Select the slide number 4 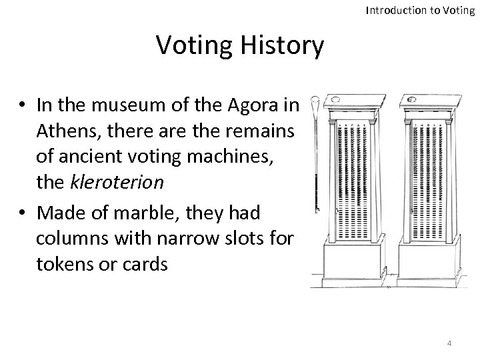tap(449, 343)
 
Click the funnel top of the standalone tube tap(315, 103)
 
